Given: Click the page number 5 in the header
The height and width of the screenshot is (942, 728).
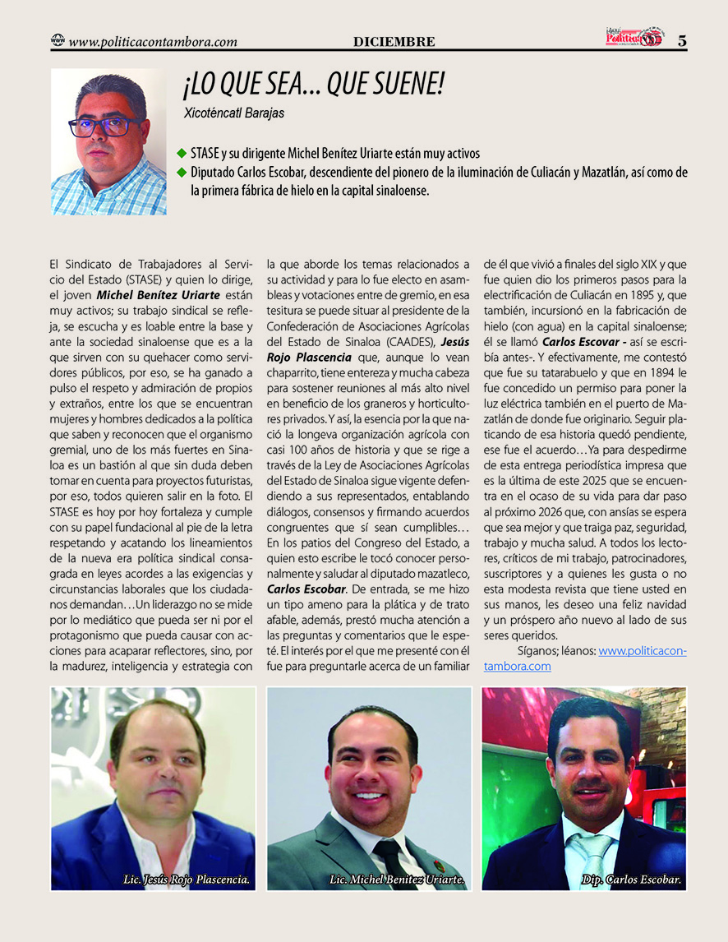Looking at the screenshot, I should click(x=682, y=40).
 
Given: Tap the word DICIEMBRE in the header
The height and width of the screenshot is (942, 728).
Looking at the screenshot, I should click(x=394, y=42).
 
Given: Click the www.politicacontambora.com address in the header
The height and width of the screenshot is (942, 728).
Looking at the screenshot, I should click(x=154, y=41).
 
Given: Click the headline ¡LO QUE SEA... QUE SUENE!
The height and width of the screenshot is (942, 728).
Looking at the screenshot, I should click(x=314, y=85).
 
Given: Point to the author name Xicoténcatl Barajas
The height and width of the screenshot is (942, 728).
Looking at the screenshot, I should click(x=235, y=113).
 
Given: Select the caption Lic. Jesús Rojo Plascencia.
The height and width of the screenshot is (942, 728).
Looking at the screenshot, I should click(x=186, y=880).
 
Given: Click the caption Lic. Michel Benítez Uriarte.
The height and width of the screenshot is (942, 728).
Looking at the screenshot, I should click(x=398, y=880).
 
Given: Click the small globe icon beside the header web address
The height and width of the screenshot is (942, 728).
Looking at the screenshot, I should click(x=58, y=40).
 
